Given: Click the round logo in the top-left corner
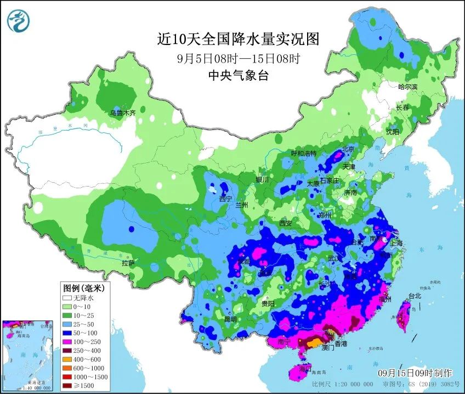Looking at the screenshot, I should pyautogui.click(x=18, y=21).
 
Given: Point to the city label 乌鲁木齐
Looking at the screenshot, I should pyautogui.click(x=122, y=112).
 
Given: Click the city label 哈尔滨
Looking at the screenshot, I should pyautogui.click(x=407, y=87).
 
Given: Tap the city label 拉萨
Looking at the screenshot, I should pyautogui.click(x=128, y=263).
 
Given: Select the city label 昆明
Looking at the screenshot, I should pyautogui.click(x=230, y=319).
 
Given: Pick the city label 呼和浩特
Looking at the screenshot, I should pyautogui.click(x=303, y=153).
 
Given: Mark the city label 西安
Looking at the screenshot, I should pyautogui.click(x=286, y=223).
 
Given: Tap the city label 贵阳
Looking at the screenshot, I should pyautogui.click(x=268, y=303).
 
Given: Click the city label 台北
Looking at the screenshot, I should pyautogui.click(x=415, y=296).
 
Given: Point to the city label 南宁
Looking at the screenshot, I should pyautogui.click(x=283, y=341).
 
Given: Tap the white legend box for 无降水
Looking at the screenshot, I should pyautogui.click(x=69, y=298).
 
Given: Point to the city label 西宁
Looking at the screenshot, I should pyautogui.click(x=225, y=199).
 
